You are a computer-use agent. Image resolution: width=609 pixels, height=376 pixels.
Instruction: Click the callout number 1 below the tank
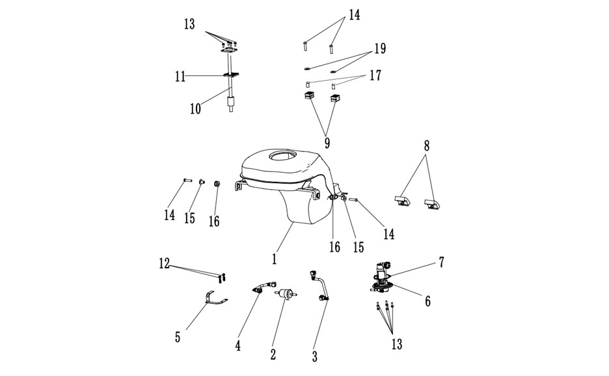274,258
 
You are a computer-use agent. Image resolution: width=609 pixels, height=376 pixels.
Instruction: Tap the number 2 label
273,354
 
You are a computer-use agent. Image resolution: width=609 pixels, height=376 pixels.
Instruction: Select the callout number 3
315,357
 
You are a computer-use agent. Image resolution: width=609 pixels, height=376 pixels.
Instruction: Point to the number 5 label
178,337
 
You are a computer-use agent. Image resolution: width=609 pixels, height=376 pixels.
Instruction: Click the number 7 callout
441,262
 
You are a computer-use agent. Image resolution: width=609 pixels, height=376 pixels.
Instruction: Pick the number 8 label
427,146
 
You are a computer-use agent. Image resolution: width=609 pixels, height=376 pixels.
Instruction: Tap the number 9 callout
327,143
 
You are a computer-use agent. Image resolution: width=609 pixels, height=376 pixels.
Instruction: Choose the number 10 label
195,109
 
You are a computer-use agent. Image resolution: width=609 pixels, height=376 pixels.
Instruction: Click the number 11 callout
180,77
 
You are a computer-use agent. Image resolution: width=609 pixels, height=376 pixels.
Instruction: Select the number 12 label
165,264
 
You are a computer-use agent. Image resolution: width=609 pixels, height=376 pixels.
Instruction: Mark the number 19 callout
380,49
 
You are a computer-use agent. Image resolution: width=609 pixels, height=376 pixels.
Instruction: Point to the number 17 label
375,75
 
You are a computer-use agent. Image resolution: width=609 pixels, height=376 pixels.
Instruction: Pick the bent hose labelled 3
320,286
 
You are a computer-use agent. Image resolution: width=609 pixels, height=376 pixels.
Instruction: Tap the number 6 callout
427,301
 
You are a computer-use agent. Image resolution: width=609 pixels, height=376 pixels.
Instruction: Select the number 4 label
237,345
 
